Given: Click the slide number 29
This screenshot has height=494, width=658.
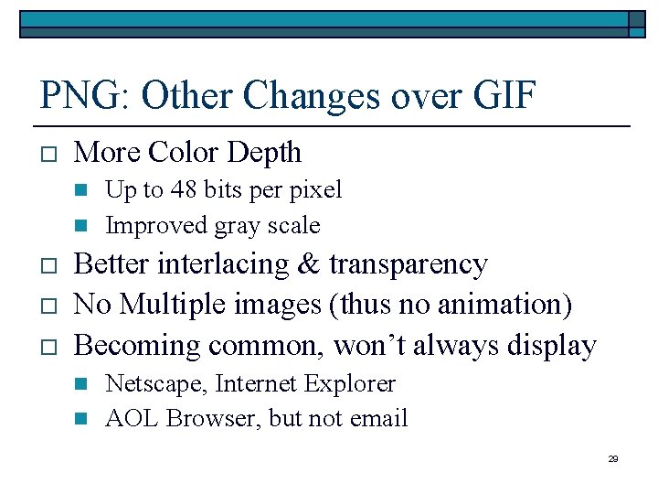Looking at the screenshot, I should click(x=613, y=458).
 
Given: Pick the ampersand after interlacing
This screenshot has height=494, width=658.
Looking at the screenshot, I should click(x=308, y=263).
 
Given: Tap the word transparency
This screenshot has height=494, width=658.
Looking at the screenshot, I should click(x=409, y=265).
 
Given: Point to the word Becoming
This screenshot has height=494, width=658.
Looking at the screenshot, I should click(x=137, y=346).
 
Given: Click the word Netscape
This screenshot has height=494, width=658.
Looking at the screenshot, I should click(x=156, y=384).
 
